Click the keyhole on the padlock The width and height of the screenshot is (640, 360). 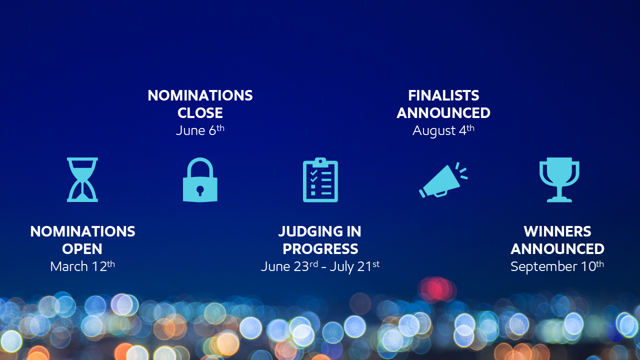point(200,190)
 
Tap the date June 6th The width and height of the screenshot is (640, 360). point(200,130)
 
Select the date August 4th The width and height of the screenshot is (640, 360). point(443,131)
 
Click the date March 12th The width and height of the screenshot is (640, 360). point(82,266)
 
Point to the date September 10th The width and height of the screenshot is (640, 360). point(557,266)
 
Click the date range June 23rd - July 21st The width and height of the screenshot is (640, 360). point(320,266)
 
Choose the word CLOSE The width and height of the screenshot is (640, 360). point(200,113)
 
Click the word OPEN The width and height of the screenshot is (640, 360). point(82,249)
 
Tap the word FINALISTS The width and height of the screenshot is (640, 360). point(443,95)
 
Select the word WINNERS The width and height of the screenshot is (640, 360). point(557,231)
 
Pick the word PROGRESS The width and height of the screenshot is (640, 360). point(320,249)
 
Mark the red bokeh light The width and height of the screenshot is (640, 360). point(436,289)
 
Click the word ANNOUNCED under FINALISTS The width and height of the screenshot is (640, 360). point(443,113)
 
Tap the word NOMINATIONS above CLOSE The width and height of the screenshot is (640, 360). point(200,95)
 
